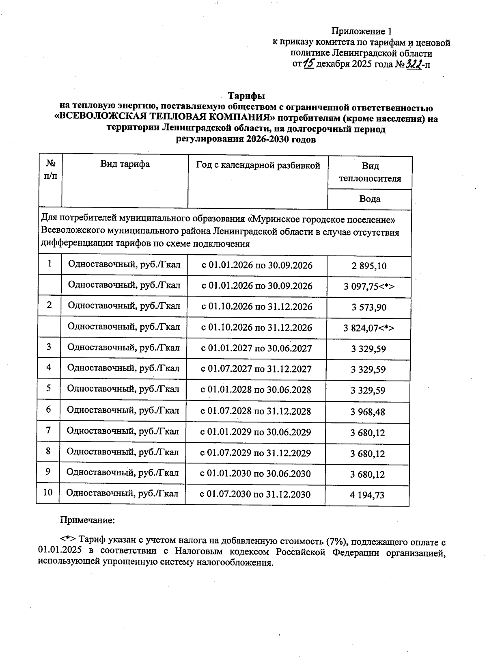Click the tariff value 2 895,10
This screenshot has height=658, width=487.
pos(369,266)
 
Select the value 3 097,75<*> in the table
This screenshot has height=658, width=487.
pos(369,287)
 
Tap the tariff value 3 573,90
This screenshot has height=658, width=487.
pos(369,307)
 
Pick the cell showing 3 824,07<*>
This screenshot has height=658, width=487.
pos(369,328)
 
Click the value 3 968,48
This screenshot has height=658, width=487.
pos(368,412)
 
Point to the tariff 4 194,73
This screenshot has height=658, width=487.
pos(368,495)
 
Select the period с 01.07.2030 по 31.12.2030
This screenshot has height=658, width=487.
pos(255,494)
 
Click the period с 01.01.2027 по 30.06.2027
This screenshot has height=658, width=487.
pos(256,348)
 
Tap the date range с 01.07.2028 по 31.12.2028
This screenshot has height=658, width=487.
pos(256,411)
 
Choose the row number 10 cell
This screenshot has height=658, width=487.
pos(48,492)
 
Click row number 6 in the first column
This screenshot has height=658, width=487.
pos(49,409)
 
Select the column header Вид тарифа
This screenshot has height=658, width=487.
pos(125,164)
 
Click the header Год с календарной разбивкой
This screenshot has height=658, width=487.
pos(258,165)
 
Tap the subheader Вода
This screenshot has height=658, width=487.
pos(370,199)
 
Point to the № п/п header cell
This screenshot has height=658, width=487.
pos(51,169)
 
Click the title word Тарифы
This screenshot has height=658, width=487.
pos(246,96)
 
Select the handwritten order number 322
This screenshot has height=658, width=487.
pos(413,64)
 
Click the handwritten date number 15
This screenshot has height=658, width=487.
pos(309,63)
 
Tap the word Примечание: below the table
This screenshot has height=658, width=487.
pos(88,520)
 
